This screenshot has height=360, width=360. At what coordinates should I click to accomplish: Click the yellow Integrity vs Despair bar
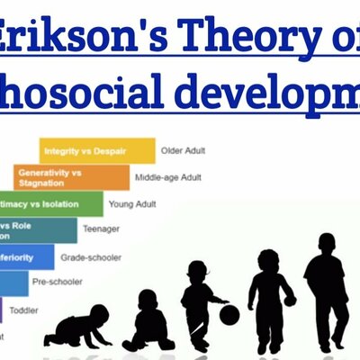pyautogui.click(x=96, y=150)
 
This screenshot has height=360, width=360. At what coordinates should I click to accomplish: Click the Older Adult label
pyautogui.click(x=184, y=150)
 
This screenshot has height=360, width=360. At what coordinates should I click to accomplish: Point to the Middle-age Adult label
pyautogui.click(x=167, y=177)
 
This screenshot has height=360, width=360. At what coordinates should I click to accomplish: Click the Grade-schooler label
pyautogui.click(x=91, y=257)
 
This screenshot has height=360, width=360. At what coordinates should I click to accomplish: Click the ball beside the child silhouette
pyautogui.click(x=229, y=314)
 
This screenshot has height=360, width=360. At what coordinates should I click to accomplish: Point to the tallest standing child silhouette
pyautogui.click(x=325, y=289)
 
